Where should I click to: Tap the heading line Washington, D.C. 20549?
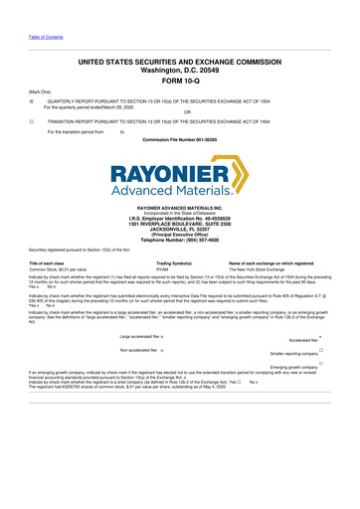[180, 71]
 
